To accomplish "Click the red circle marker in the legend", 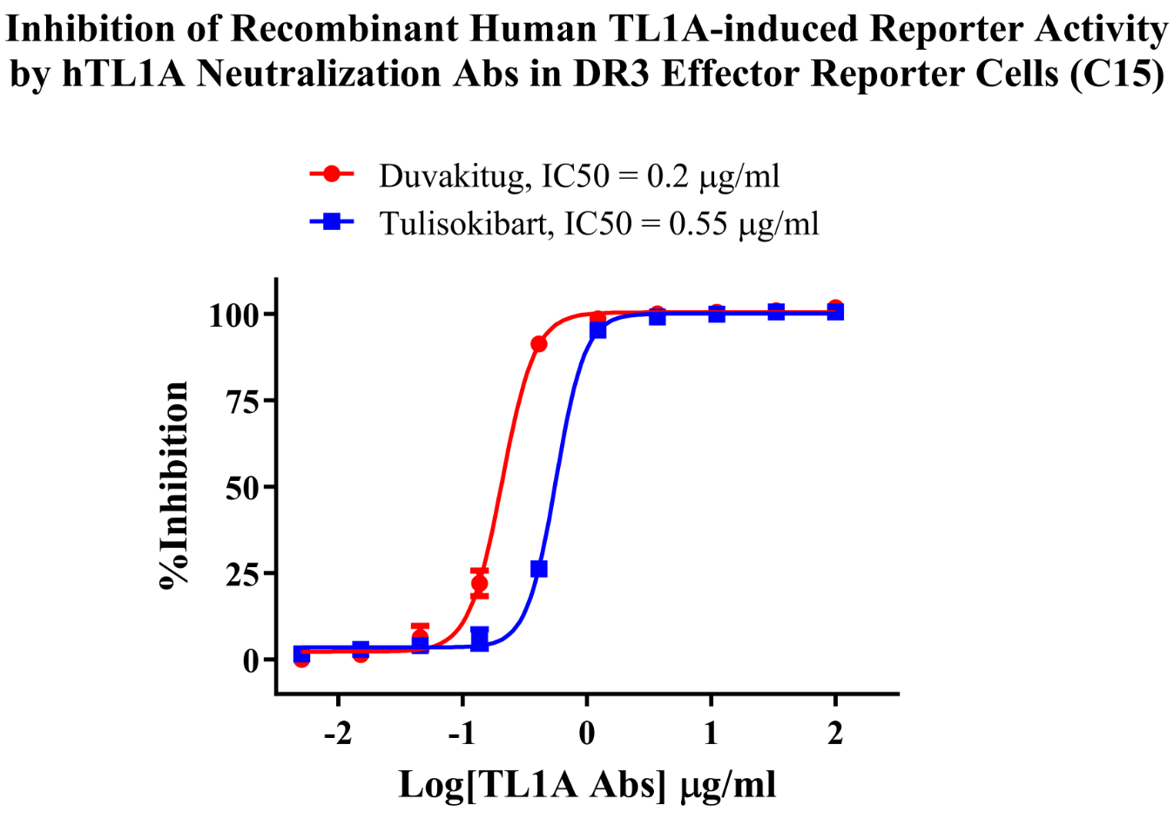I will pos(332,174).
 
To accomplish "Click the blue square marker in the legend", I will pos(332,221).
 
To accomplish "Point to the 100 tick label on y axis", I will pos(233,315).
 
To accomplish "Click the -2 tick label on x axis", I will pos(338,734).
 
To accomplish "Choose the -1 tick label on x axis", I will pos(462,734).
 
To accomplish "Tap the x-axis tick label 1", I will pos(712,734).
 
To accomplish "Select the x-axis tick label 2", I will pos(835,734).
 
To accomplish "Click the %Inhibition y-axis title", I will pos(174,485).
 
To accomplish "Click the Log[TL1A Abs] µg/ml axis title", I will pos(587,785).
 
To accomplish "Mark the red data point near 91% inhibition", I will pos(539,344).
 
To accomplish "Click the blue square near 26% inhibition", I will pos(539,569).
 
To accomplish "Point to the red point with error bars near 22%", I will pos(479,584).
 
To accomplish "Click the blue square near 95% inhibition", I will pos(597,330).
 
